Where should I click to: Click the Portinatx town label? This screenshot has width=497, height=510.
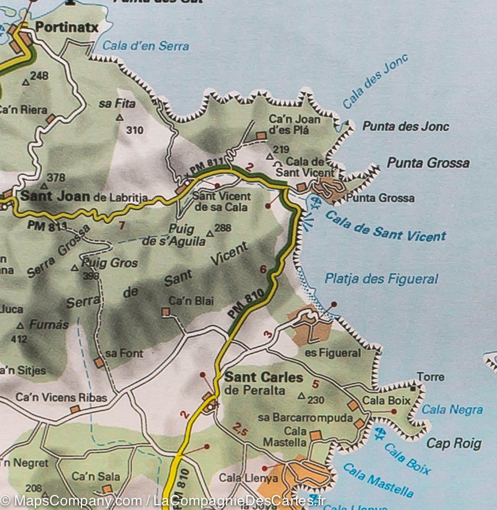[x=67, y=28]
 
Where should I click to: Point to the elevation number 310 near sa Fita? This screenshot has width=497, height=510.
[x=135, y=130]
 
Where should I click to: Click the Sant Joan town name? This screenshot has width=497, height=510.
[x=55, y=196]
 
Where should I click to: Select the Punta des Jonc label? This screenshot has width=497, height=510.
[x=406, y=126]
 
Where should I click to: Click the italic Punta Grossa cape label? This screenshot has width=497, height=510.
[x=428, y=163]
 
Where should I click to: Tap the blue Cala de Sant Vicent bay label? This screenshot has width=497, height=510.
[x=385, y=226]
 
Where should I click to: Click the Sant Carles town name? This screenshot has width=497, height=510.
[x=263, y=377]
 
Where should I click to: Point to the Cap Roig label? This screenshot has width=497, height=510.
[x=454, y=443]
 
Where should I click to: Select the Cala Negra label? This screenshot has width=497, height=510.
[x=452, y=410]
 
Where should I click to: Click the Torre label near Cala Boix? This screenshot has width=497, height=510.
[x=430, y=377]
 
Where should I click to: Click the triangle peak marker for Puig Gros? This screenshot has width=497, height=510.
[x=75, y=268]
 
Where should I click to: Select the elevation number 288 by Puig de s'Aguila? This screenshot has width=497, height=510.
[x=223, y=228]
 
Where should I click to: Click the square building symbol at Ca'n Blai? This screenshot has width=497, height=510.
[x=166, y=312]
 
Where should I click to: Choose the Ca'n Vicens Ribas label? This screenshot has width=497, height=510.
[x=61, y=397]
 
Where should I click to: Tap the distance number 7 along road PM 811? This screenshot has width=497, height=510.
[x=122, y=225]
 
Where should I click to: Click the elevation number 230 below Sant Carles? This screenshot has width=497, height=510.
[x=316, y=399]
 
